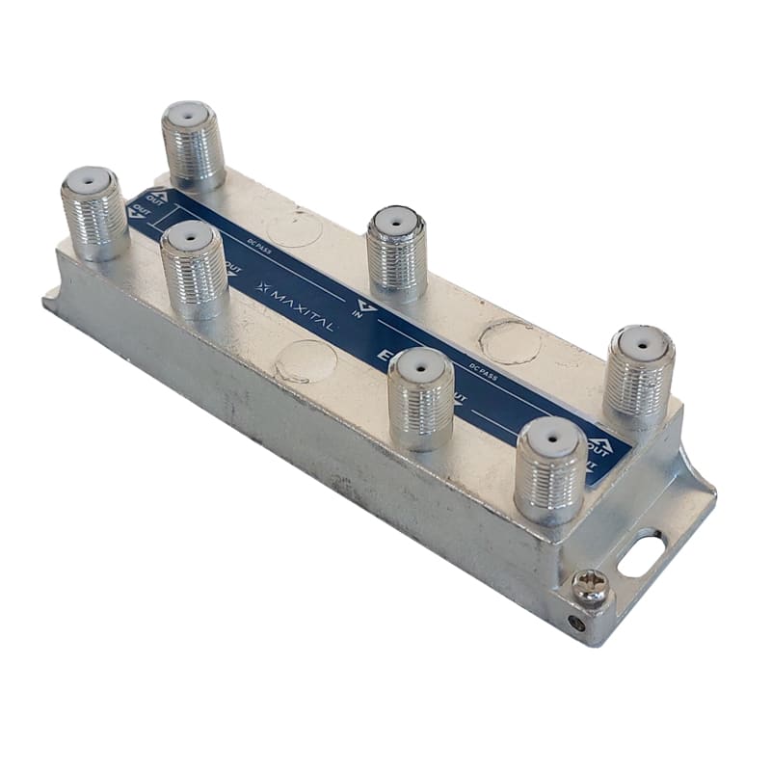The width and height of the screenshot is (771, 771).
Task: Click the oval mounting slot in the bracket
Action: pos(641,554)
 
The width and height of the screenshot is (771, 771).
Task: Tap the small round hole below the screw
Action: pos(577,623)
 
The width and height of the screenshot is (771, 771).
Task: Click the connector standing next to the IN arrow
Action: pos(397,253)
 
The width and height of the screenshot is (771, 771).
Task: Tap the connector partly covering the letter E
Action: pos(421,398)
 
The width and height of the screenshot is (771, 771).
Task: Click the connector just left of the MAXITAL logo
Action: pos(194,270)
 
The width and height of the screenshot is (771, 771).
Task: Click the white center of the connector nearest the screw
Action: pos(551,435)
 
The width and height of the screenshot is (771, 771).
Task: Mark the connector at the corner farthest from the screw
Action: pos(95,213)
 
